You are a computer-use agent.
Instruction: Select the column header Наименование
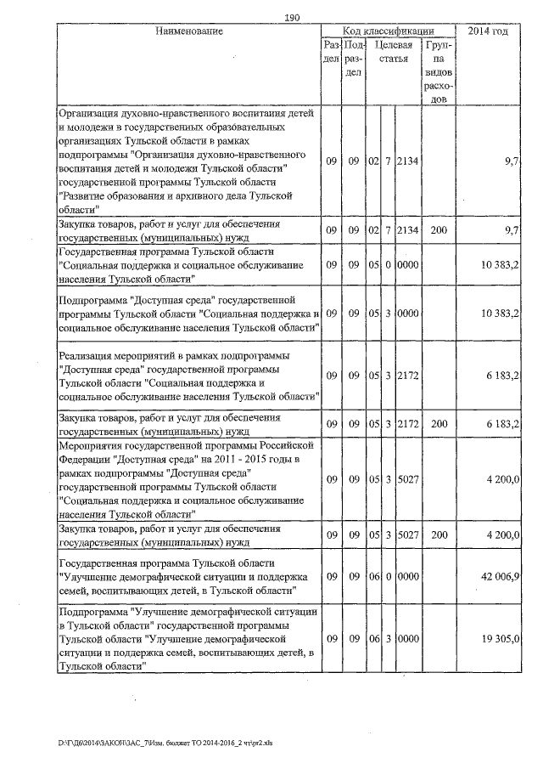pos(189,31)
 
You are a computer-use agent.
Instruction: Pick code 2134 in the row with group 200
pos(407,230)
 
